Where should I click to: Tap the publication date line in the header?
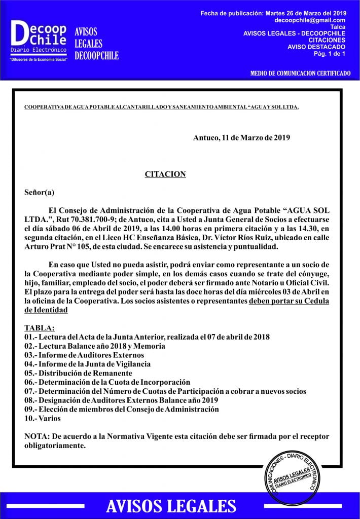pyautogui.click(x=273, y=12)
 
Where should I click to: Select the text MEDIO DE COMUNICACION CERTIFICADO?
pyautogui.click(x=300, y=73)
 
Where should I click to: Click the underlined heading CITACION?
pyautogui.click(x=165, y=174)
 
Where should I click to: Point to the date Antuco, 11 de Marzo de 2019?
pyautogui.click(x=241, y=138)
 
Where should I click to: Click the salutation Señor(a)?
pyautogui.click(x=39, y=192)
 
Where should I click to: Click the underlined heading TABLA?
pyautogui.click(x=40, y=328)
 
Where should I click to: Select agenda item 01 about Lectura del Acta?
pyautogui.click(x=147, y=337)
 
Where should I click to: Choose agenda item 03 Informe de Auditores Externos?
pyautogui.click(x=84, y=355)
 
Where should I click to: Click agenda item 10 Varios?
pyautogui.click(x=43, y=419)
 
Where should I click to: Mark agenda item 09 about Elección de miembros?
pyautogui.click(x=122, y=410)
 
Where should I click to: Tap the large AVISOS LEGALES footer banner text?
pyautogui.click(x=170, y=506)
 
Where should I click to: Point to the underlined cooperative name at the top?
pyautogui.click(x=161, y=107)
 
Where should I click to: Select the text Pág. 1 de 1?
pyautogui.click(x=330, y=53)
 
